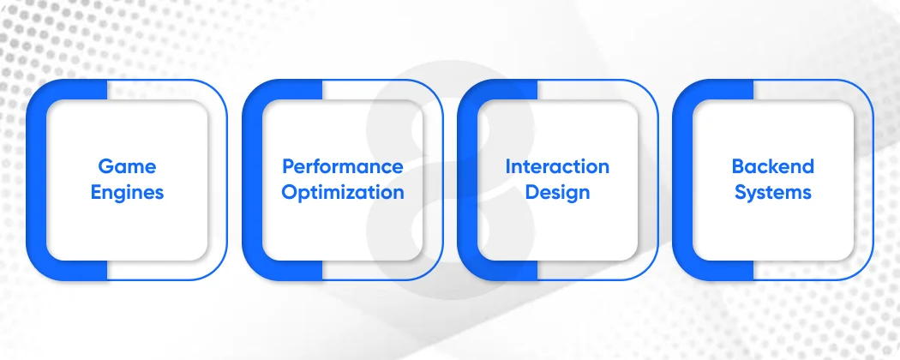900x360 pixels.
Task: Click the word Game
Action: [127, 166]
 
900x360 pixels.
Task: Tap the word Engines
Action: [127, 192]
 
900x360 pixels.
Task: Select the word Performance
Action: [343, 166]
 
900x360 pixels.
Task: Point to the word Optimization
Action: [343, 192]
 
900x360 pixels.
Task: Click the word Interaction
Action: [557, 166]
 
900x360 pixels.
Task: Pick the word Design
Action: [557, 192]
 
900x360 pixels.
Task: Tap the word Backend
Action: [772, 166]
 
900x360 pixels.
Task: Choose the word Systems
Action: [772, 192]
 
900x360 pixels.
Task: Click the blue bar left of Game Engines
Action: [36, 180]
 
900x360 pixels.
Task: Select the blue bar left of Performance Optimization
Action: [252, 180]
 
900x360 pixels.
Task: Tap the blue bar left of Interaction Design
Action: [467, 180]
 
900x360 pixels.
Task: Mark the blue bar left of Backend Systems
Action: [682, 180]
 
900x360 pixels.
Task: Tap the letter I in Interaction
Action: [507, 166]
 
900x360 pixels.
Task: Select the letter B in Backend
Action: [737, 166]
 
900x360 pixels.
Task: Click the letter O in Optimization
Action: [289, 192]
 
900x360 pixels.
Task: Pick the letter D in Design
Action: [531, 192]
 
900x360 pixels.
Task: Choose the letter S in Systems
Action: [741, 192]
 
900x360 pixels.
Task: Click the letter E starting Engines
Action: [96, 192]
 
